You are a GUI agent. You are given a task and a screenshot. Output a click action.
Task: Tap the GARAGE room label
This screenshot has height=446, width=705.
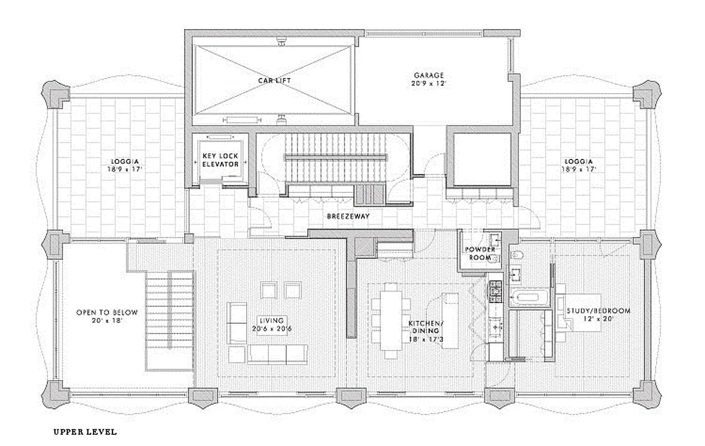click(x=428, y=75)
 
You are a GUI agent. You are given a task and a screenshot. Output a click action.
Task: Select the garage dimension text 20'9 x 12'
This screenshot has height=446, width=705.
click(x=428, y=84)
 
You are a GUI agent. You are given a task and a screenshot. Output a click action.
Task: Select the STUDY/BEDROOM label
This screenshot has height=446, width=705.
click(x=599, y=311)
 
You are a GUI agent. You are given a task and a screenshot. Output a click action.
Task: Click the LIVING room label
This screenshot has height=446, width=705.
click(x=271, y=321)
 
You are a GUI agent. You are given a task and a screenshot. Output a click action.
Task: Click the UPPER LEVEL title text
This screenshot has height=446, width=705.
click(x=85, y=432)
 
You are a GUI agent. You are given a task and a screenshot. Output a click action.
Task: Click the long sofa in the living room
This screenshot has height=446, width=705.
click(x=277, y=353)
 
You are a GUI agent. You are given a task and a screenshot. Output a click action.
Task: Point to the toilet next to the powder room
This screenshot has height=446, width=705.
click(x=516, y=256)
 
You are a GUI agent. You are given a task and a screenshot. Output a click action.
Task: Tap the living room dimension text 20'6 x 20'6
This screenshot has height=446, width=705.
click(x=271, y=329)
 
